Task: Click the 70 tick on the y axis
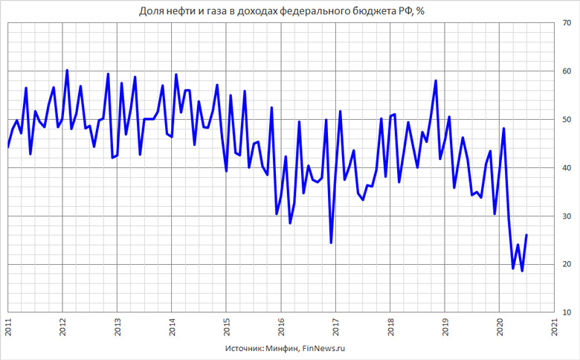567,23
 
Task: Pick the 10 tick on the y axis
567,312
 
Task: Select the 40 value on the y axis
567,168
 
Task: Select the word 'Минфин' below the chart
281,347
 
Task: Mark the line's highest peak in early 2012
67,71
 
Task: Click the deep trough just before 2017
331,242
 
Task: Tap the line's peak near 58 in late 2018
436,80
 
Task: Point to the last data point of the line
526,235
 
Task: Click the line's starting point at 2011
8,147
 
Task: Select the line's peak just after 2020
504,129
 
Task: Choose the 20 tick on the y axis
567,265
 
